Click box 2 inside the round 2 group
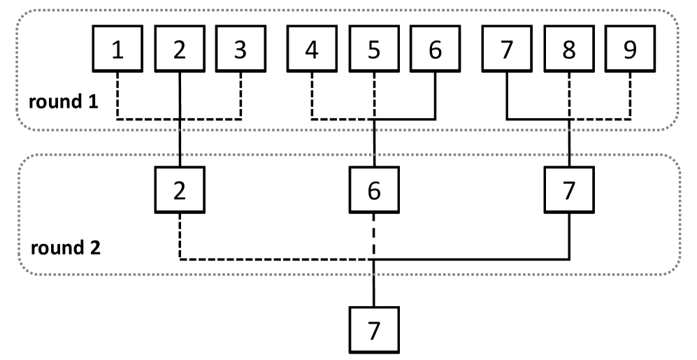pos(180,190)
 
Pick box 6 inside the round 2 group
pos(374,190)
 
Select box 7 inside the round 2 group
pos(568,190)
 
